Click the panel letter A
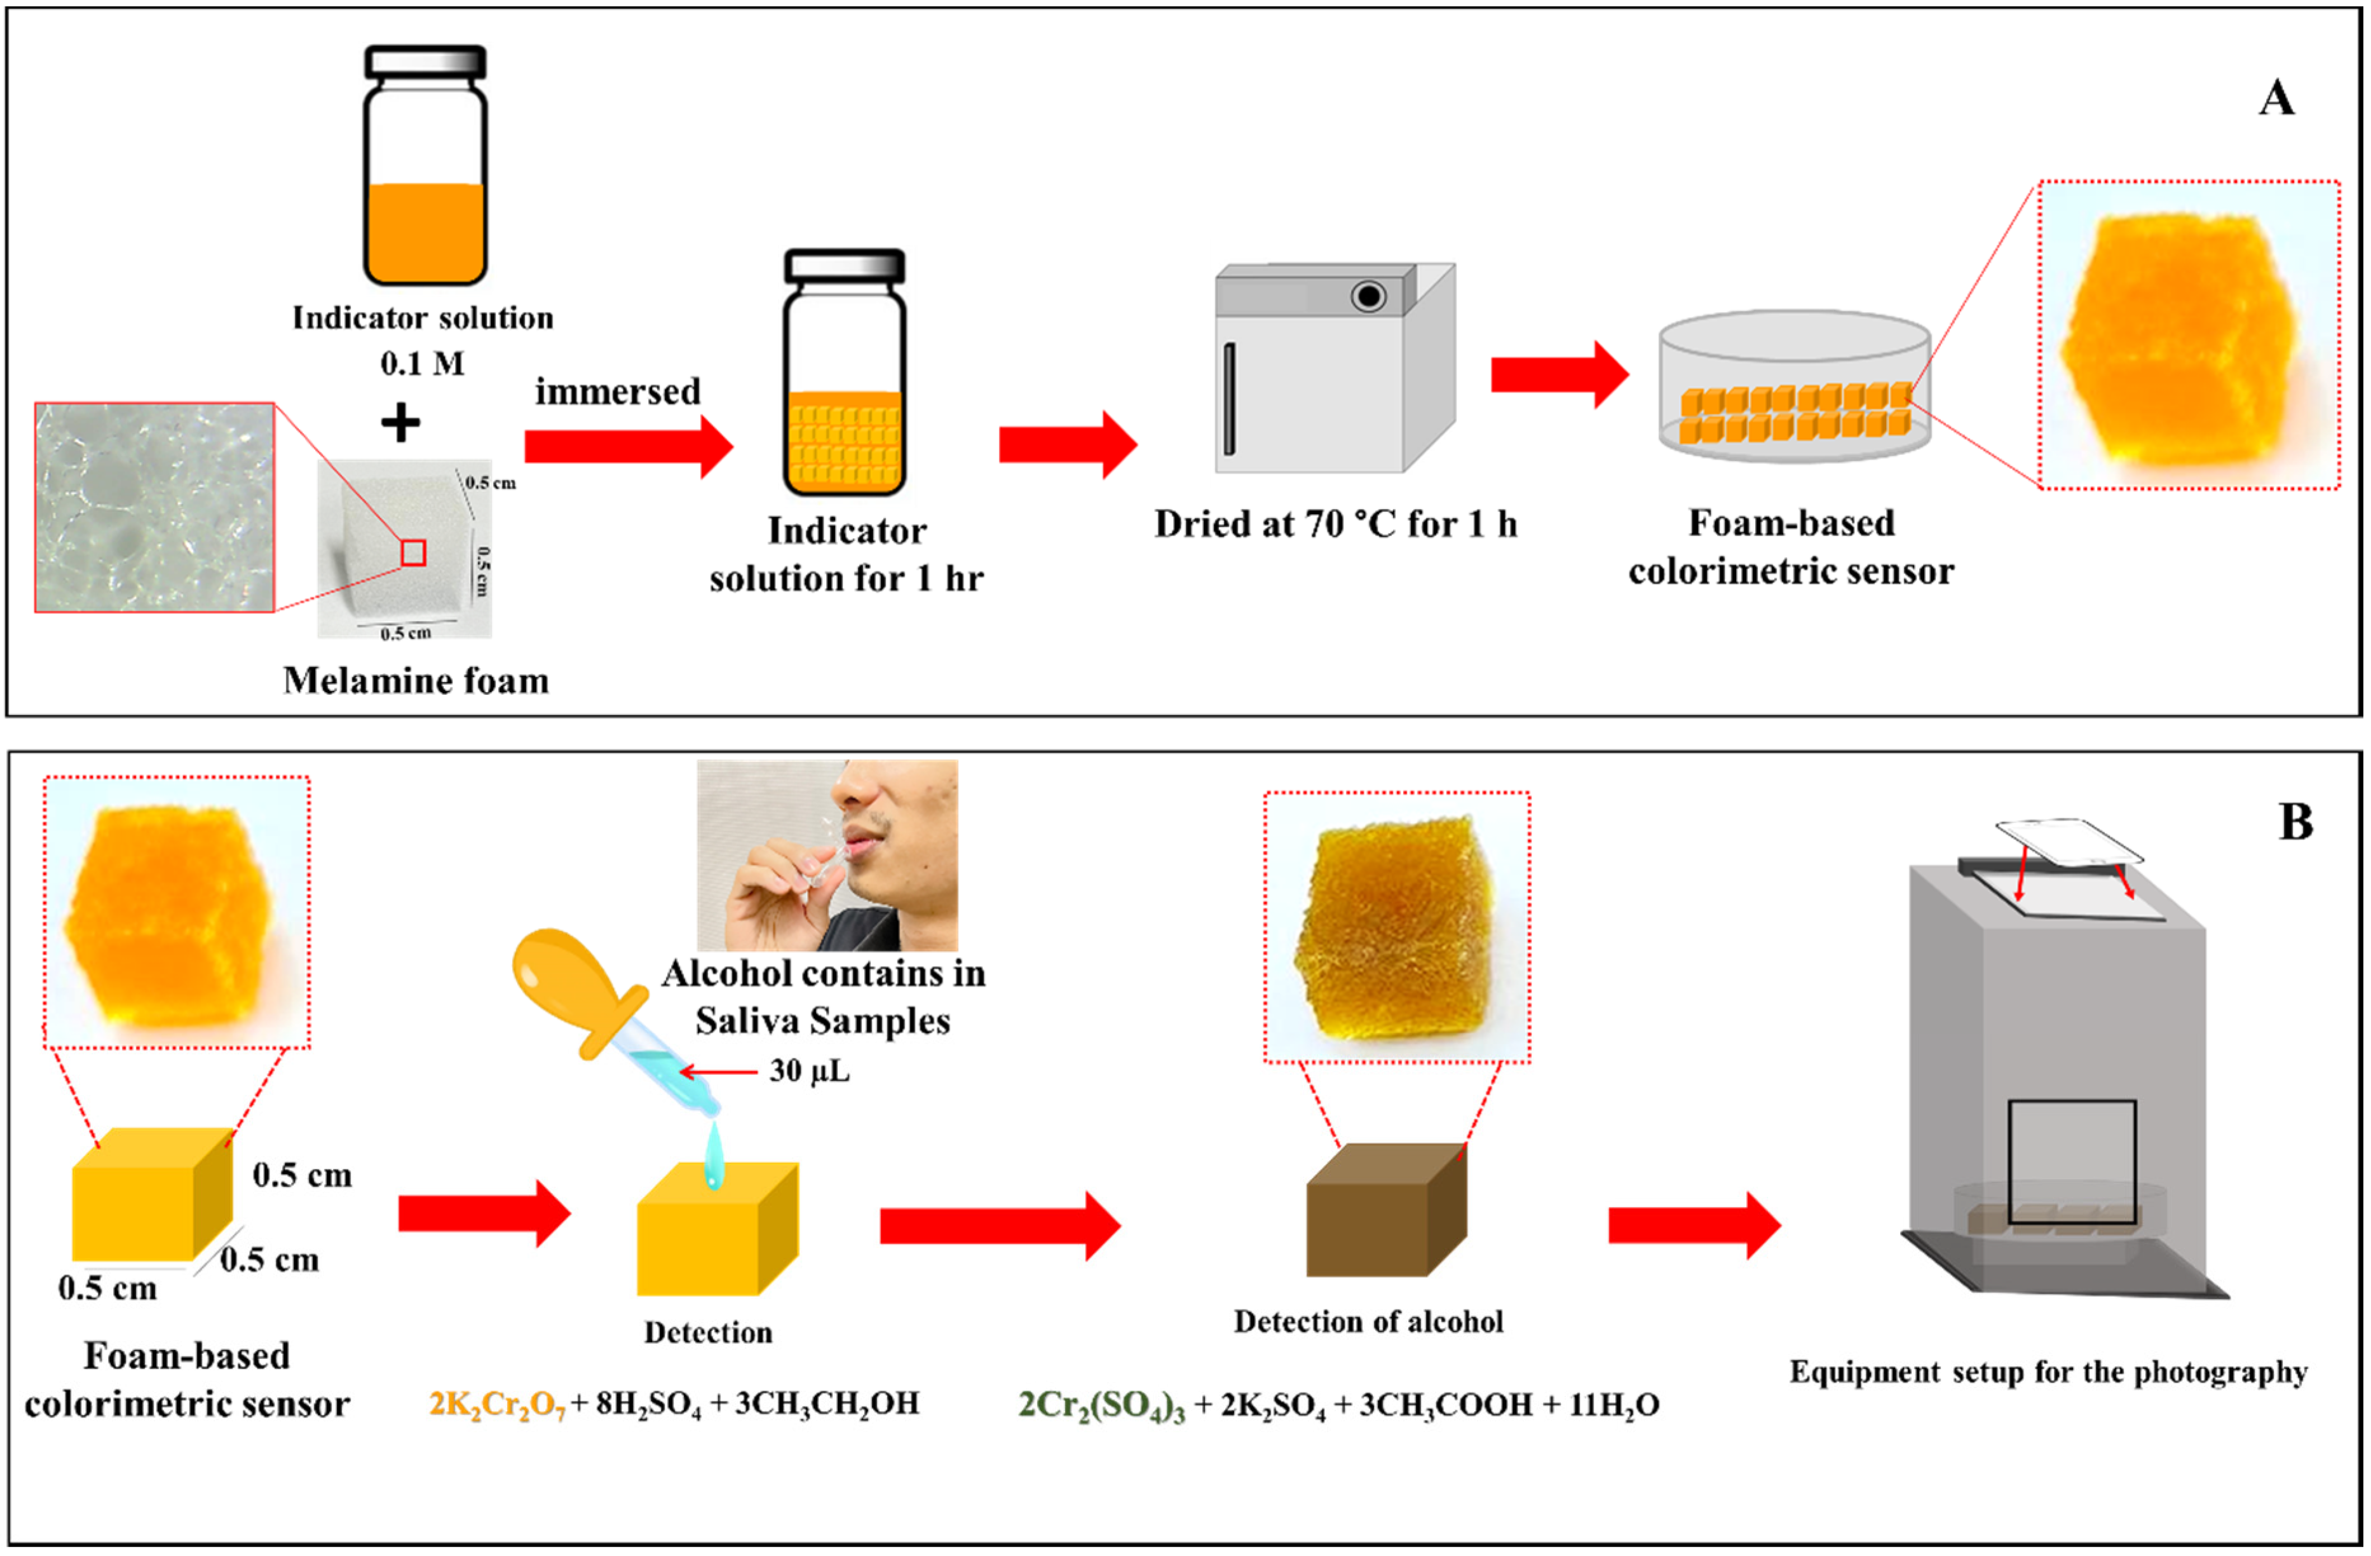coord(2276,99)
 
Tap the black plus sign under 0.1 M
coord(400,423)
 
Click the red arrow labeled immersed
coord(628,446)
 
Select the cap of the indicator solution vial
coord(425,62)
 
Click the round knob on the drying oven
coord(1369,296)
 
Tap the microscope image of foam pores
coord(154,507)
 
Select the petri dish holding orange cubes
coord(1794,388)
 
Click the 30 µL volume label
coord(809,1072)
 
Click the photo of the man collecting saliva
coord(827,856)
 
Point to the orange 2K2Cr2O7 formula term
coord(496,1405)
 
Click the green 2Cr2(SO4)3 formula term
coord(1101,1405)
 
